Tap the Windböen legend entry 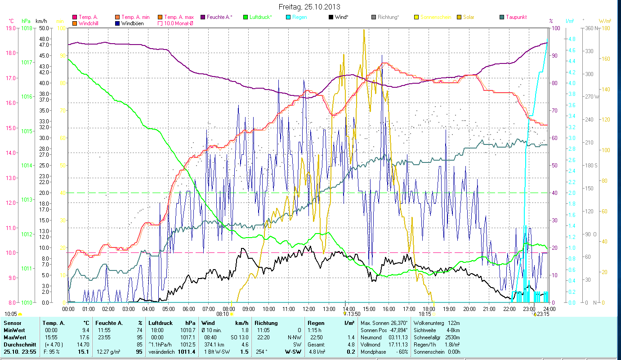(x=132, y=23)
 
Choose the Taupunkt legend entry (x=516, y=17)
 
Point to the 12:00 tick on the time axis (x=309, y=309)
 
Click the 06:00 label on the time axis (x=188, y=309)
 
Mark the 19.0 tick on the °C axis (x=11, y=28)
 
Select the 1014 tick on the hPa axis (x=26, y=166)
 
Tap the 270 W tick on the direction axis (x=591, y=97)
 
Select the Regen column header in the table (x=316, y=323)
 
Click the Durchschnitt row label (x=17, y=345)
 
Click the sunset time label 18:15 (x=424, y=314)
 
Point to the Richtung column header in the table (x=266, y=323)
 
